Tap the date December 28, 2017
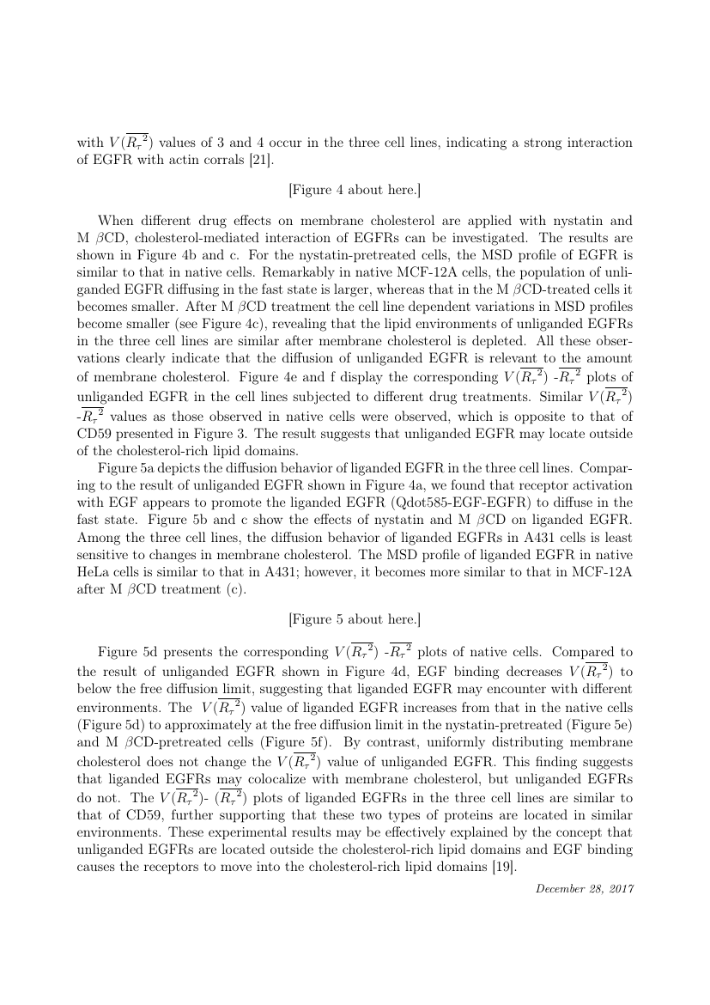click(x=585, y=888)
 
